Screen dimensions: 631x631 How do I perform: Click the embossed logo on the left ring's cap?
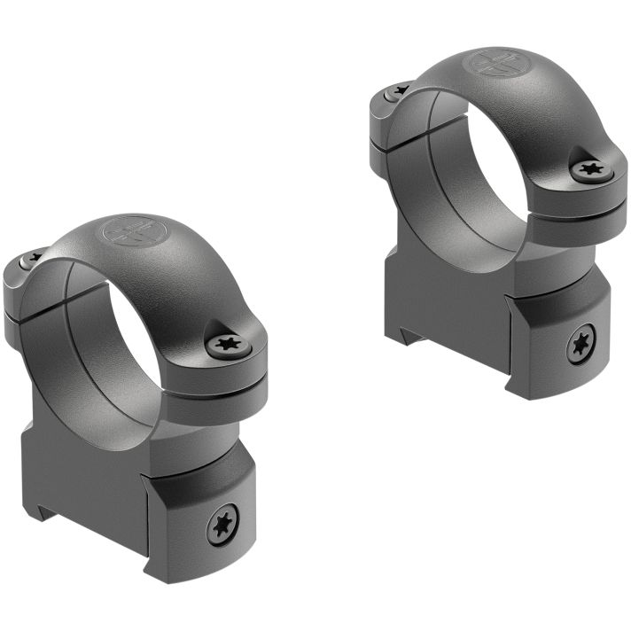coord(124,232)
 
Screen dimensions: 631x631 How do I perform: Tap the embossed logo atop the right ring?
coord(489,64)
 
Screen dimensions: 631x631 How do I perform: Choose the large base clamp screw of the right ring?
coord(581,344)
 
